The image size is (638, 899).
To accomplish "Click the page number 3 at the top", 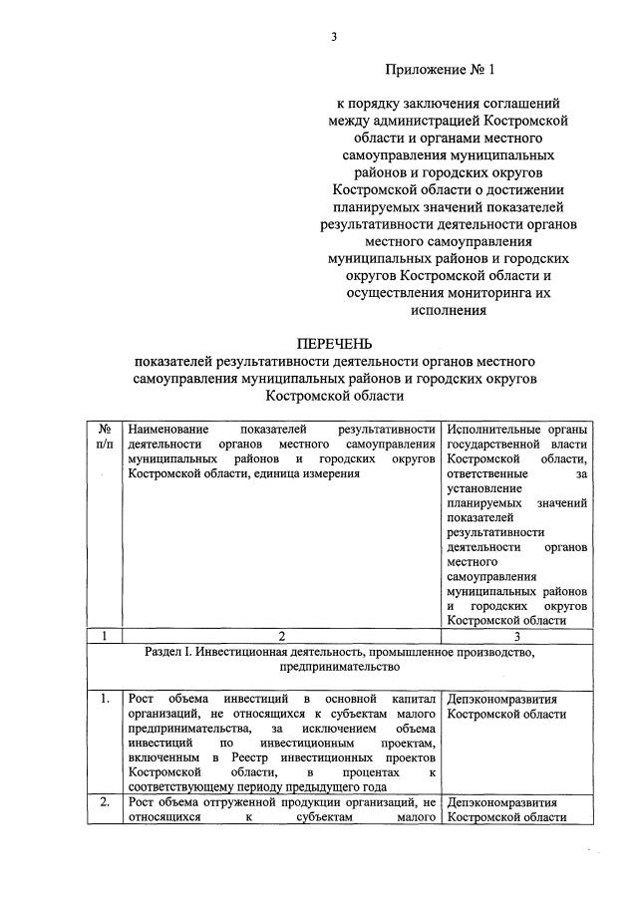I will coord(335,36).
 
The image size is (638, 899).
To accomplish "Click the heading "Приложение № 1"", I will coord(440,70).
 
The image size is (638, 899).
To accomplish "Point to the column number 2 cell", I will coord(280,635).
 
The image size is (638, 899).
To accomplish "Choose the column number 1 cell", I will coord(105,635).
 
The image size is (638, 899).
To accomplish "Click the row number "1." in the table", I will coord(105,699).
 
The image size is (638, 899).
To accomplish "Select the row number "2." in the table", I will coord(105,802).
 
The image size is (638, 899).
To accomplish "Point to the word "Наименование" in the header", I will coord(172,428).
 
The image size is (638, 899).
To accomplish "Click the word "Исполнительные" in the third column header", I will coord(494,428).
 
